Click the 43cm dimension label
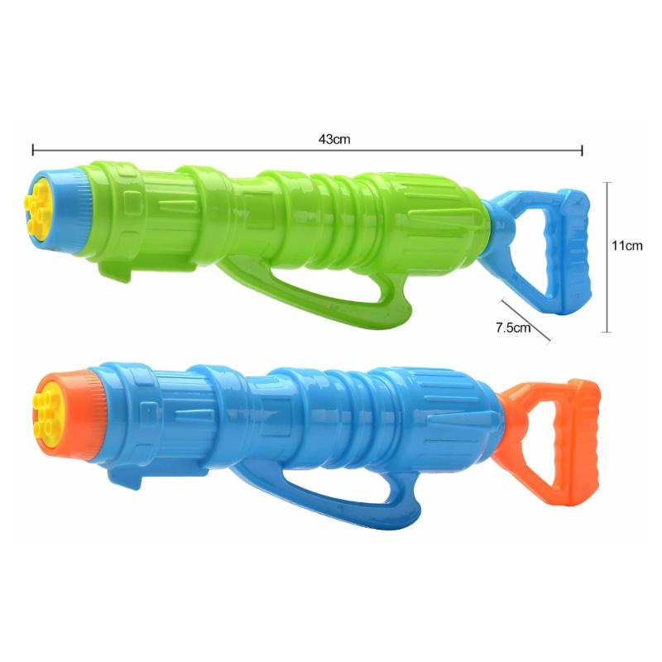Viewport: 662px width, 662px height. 334,139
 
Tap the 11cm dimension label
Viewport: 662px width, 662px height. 627,245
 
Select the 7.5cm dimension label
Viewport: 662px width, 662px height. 513,327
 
